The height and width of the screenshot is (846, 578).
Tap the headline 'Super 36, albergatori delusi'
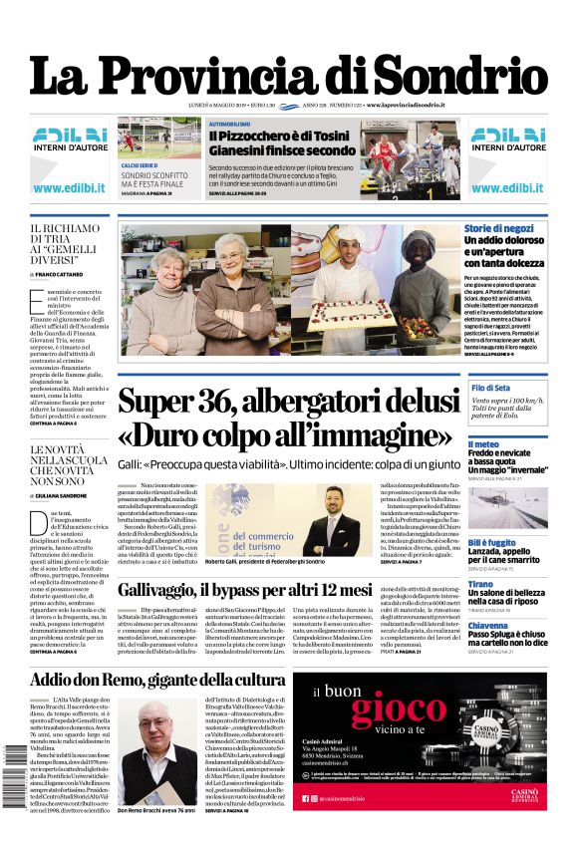pos(275,402)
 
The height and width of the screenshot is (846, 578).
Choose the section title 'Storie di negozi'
pos(499,229)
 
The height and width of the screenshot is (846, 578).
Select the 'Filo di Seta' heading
pos(490,387)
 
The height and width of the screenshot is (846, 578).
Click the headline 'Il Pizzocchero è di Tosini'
pos(280,137)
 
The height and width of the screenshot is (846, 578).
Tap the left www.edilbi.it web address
pos(70,187)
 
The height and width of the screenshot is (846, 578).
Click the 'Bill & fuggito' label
pos(491,542)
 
